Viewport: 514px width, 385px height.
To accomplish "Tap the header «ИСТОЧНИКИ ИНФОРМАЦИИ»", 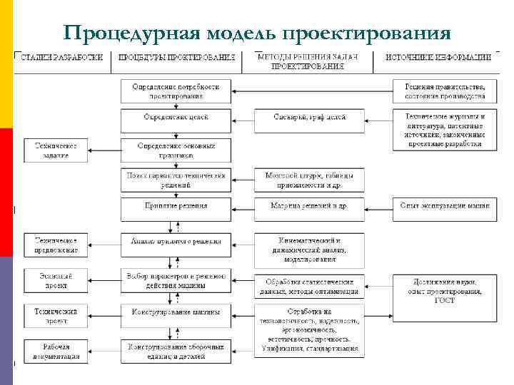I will point(438,57).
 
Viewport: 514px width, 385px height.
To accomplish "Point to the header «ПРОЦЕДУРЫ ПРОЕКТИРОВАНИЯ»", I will point(176,57).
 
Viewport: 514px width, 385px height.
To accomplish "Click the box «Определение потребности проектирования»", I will point(176,91).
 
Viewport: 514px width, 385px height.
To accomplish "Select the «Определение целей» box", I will point(176,117).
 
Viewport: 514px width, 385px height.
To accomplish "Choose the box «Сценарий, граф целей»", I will point(309,117).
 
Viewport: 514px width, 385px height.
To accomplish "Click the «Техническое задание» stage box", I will point(56,150).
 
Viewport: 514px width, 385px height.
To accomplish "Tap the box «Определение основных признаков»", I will point(176,150).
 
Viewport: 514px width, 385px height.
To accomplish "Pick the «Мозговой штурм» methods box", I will point(309,180).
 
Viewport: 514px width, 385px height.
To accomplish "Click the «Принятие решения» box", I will point(176,206).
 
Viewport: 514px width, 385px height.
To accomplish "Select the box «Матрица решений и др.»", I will point(309,206).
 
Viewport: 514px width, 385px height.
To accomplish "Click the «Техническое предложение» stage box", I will point(56,245).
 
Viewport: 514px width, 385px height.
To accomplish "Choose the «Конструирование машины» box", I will point(176,312).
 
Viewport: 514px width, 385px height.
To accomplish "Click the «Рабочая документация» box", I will point(56,349).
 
